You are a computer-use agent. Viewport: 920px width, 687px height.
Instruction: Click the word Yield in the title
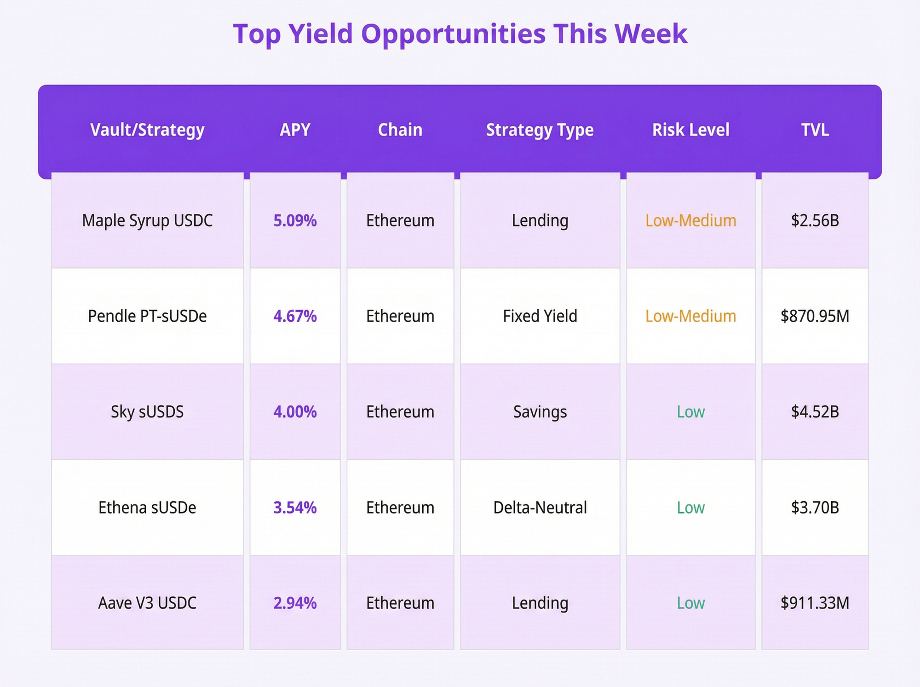pyautogui.click(x=320, y=34)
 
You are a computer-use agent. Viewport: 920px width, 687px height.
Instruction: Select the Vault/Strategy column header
pyautogui.click(x=147, y=130)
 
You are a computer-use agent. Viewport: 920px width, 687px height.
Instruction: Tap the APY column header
pyautogui.click(x=295, y=130)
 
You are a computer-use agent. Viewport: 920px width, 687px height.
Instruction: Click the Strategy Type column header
pyautogui.click(x=540, y=130)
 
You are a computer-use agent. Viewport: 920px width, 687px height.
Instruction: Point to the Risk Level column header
pyautogui.click(x=690, y=130)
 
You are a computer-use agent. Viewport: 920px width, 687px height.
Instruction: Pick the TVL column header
pyautogui.click(x=815, y=130)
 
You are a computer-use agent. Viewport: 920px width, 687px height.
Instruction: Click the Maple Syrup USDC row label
pyautogui.click(x=147, y=221)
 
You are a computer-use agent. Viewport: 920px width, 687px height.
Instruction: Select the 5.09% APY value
pyautogui.click(x=295, y=221)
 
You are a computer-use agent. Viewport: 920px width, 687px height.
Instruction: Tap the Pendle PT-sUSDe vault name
pyautogui.click(x=147, y=316)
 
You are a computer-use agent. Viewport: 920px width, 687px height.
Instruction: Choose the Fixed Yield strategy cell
pyautogui.click(x=540, y=316)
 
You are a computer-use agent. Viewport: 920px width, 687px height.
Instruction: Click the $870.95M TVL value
pyautogui.click(x=815, y=316)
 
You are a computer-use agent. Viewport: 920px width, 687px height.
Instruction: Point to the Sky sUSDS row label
pyautogui.click(x=147, y=412)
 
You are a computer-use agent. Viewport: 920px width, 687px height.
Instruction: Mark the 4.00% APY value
pyautogui.click(x=295, y=412)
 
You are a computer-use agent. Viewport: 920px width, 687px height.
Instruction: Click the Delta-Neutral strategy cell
pyautogui.click(x=540, y=508)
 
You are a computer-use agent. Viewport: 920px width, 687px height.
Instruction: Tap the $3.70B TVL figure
pyautogui.click(x=815, y=508)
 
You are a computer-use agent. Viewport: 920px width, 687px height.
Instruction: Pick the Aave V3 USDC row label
pyautogui.click(x=147, y=603)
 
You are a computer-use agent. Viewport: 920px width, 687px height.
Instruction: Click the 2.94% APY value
pyautogui.click(x=295, y=603)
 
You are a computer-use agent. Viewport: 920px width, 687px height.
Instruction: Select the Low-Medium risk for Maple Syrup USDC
pyautogui.click(x=690, y=221)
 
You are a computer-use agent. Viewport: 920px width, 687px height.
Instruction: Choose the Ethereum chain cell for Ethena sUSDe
pyautogui.click(x=400, y=508)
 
